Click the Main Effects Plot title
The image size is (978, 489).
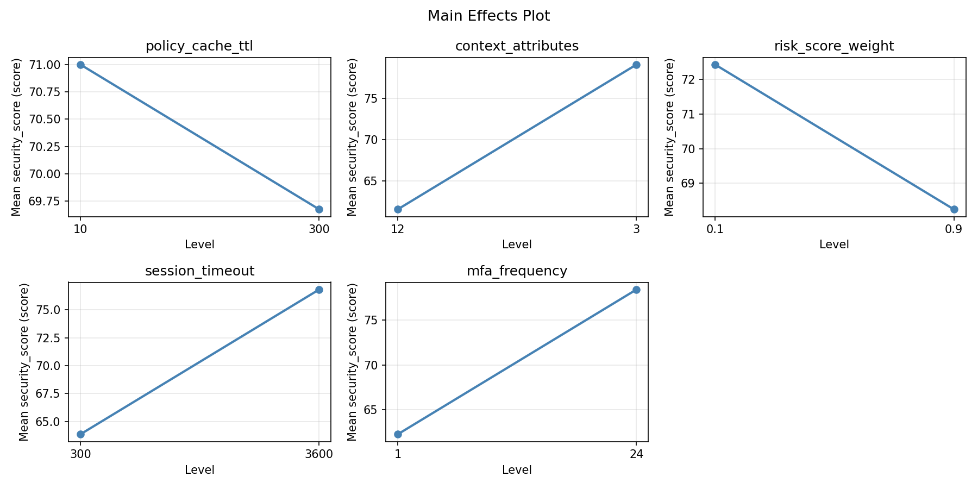pos(488,16)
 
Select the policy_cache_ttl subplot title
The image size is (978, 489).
pos(199,46)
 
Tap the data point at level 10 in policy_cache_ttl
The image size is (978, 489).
pos(80,65)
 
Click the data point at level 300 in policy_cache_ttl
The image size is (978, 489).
pos(319,209)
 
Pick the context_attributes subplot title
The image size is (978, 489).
pos(517,46)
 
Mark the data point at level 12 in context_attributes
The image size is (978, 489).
pos(398,209)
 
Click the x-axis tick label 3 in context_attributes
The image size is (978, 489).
pos(636,229)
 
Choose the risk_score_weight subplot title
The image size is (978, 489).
pos(834,46)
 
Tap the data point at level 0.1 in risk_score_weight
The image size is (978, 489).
pos(715,65)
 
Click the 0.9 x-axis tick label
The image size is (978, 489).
pos(954,229)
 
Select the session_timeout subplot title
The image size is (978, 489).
pos(199,271)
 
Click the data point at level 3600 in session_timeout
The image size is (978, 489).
pos(319,290)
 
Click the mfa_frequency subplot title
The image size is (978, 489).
pos(517,271)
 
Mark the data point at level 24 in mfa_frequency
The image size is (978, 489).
pos(636,290)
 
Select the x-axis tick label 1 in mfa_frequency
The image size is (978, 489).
pos(398,454)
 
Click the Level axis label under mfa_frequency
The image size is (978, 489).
pos(517,470)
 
